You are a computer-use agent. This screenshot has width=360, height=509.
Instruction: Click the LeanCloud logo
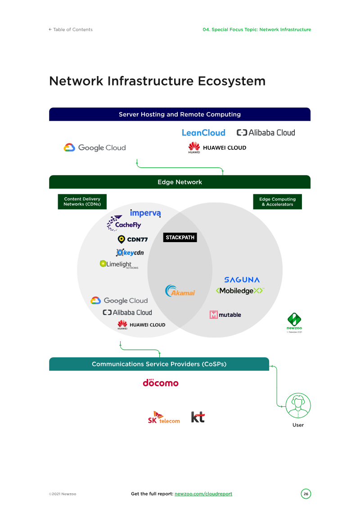click(x=203, y=133)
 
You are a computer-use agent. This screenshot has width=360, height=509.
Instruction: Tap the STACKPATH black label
click(x=180, y=237)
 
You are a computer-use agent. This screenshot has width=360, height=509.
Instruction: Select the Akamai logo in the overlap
click(x=180, y=291)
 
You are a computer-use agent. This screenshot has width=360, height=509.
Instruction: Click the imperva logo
click(x=145, y=213)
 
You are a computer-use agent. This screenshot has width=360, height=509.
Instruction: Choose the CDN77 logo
click(x=133, y=239)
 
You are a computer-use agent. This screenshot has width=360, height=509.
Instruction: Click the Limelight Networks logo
click(x=119, y=265)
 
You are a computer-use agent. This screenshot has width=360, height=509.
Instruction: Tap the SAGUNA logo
click(x=242, y=280)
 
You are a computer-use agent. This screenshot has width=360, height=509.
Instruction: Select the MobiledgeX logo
click(x=239, y=291)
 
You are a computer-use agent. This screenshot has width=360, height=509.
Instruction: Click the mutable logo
click(x=225, y=315)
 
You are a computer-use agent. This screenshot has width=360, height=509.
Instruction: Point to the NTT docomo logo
click(x=161, y=383)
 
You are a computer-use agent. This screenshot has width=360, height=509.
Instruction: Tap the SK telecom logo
click(x=164, y=417)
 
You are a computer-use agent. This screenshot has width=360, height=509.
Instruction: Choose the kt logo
click(x=198, y=417)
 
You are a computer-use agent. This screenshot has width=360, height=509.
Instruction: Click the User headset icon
click(x=298, y=406)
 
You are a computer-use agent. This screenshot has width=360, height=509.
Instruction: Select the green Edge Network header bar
click(x=180, y=182)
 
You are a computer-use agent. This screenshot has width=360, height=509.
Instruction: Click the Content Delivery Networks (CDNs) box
click(x=82, y=202)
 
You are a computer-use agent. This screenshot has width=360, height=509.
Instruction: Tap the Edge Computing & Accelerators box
click(x=278, y=202)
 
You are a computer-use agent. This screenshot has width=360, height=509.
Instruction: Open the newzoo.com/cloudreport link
click(x=203, y=494)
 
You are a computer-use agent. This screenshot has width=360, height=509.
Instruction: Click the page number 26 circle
click(x=306, y=494)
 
